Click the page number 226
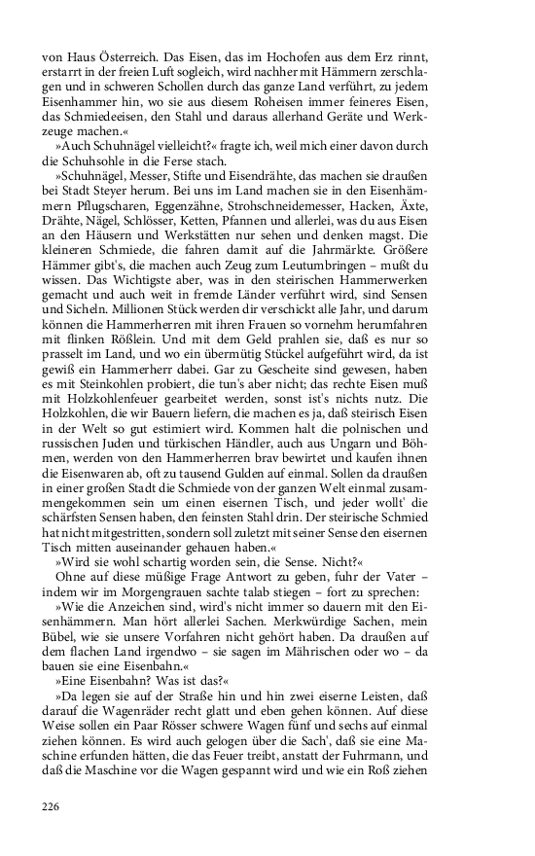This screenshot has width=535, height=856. click(x=52, y=804)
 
